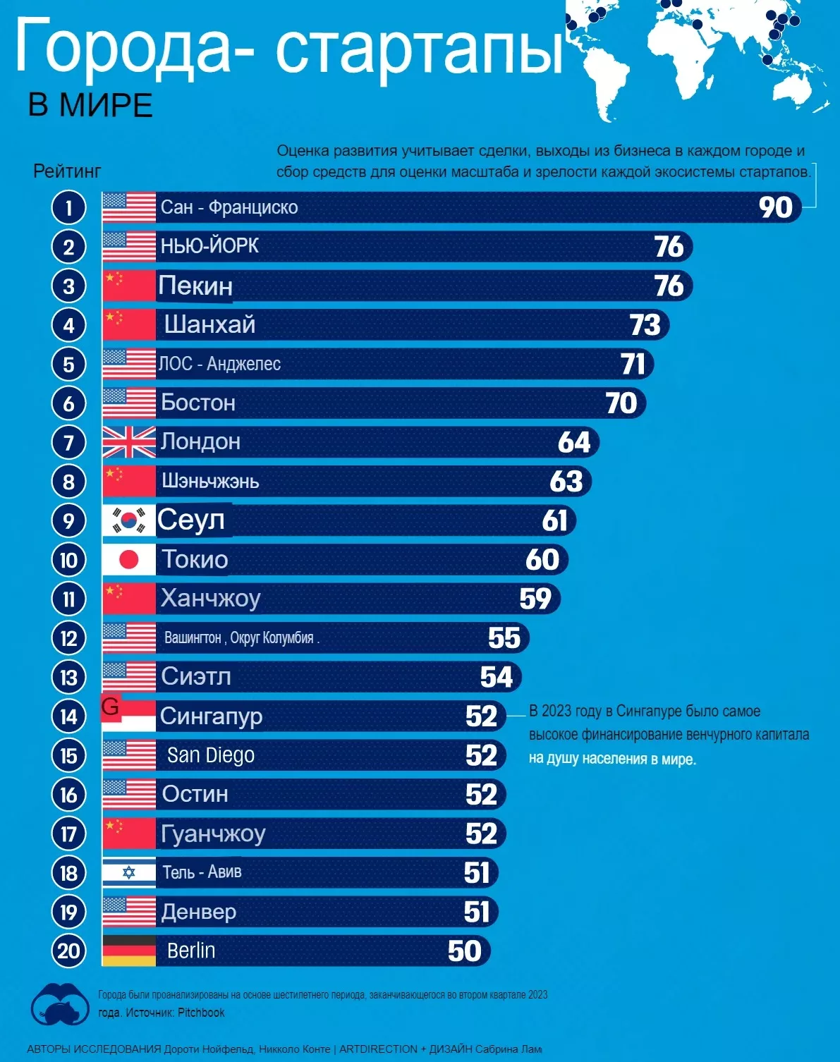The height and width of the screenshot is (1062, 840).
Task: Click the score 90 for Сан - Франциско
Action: click(x=776, y=207)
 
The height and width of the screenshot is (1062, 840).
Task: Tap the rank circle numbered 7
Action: click(x=68, y=443)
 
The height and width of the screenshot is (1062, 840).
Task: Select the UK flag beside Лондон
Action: click(x=128, y=442)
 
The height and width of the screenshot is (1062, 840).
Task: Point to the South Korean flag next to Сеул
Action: click(x=128, y=520)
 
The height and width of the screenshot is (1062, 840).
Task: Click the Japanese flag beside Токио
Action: click(x=128, y=560)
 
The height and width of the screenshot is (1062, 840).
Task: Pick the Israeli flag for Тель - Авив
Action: click(x=128, y=873)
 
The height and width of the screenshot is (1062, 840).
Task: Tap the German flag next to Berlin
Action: click(x=128, y=951)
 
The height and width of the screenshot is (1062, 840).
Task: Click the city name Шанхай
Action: click(x=209, y=324)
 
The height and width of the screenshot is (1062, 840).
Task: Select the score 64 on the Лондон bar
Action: click(x=574, y=442)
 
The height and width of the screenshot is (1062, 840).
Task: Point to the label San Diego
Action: click(x=210, y=755)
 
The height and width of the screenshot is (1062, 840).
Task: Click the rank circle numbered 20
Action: click(x=68, y=951)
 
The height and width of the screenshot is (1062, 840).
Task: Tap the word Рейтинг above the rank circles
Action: click(x=67, y=171)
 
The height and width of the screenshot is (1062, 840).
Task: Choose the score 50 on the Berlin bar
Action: click(x=465, y=951)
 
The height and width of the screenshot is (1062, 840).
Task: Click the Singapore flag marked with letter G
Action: click(x=128, y=716)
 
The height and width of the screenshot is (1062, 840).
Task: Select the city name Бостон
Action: click(x=197, y=403)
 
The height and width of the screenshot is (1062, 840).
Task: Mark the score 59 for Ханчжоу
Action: click(x=535, y=599)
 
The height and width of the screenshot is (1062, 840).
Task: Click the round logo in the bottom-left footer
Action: click(x=60, y=1004)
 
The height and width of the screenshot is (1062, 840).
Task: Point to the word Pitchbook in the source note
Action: click(x=201, y=1013)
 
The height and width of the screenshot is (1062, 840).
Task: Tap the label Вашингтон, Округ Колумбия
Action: click(x=240, y=638)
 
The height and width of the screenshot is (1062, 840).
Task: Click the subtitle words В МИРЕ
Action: click(x=90, y=106)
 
